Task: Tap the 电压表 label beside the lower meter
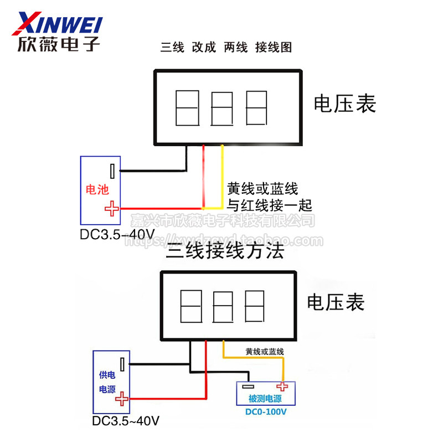[x=336, y=302]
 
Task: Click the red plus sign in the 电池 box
[x=112, y=208]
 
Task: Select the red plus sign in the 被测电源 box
[x=283, y=387]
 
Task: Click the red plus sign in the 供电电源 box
[x=122, y=398]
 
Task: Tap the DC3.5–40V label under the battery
[x=117, y=234]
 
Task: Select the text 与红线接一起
[x=270, y=205]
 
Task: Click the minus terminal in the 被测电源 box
[x=247, y=387]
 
